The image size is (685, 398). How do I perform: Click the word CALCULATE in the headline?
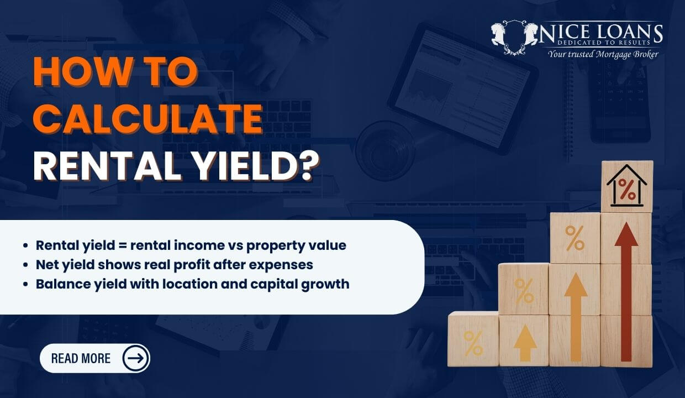(x=147, y=118)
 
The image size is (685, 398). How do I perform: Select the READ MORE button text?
(x=81, y=358)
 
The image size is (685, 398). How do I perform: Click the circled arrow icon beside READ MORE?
(x=135, y=358)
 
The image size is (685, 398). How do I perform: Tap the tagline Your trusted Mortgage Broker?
(x=603, y=54)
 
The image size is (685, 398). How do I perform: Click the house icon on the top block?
(x=627, y=187)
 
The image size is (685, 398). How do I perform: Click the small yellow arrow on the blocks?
(x=524, y=343)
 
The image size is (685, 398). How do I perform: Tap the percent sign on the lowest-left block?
(x=473, y=343)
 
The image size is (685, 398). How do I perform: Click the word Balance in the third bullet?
(x=60, y=284)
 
